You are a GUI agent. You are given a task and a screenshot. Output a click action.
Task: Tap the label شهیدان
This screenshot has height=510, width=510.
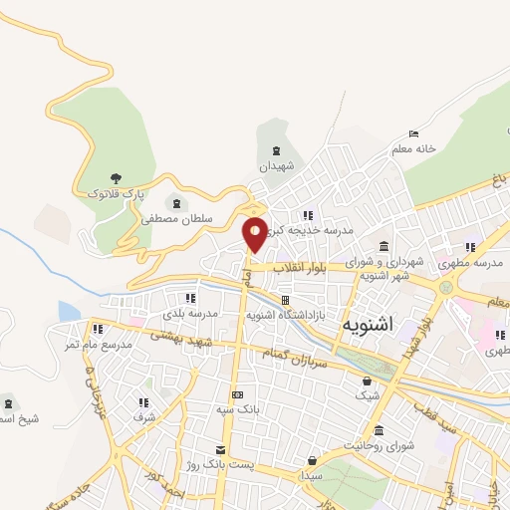coord(278,166)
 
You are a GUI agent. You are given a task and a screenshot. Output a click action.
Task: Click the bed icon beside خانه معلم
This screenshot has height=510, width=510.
coord(413,134)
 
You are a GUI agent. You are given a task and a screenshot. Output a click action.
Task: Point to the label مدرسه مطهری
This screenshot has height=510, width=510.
coord(477,262)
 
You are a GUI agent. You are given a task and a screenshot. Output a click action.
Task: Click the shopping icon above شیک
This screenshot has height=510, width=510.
coord(367,381)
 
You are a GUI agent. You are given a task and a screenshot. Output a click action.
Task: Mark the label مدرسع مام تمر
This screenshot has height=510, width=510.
coord(97,344)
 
